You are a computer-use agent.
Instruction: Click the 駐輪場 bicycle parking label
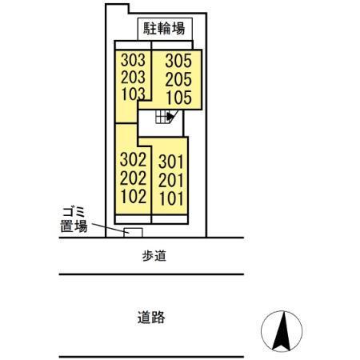click(165, 30)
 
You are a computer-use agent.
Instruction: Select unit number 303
click(133, 62)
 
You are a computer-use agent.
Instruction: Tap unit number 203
click(133, 78)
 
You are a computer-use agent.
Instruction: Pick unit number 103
click(133, 94)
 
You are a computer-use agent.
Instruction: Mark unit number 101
click(173, 197)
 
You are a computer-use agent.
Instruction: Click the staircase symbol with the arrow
click(166, 117)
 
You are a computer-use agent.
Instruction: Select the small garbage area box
click(133, 232)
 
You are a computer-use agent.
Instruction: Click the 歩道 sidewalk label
click(152, 257)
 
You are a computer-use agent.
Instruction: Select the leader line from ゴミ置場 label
click(108, 228)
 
